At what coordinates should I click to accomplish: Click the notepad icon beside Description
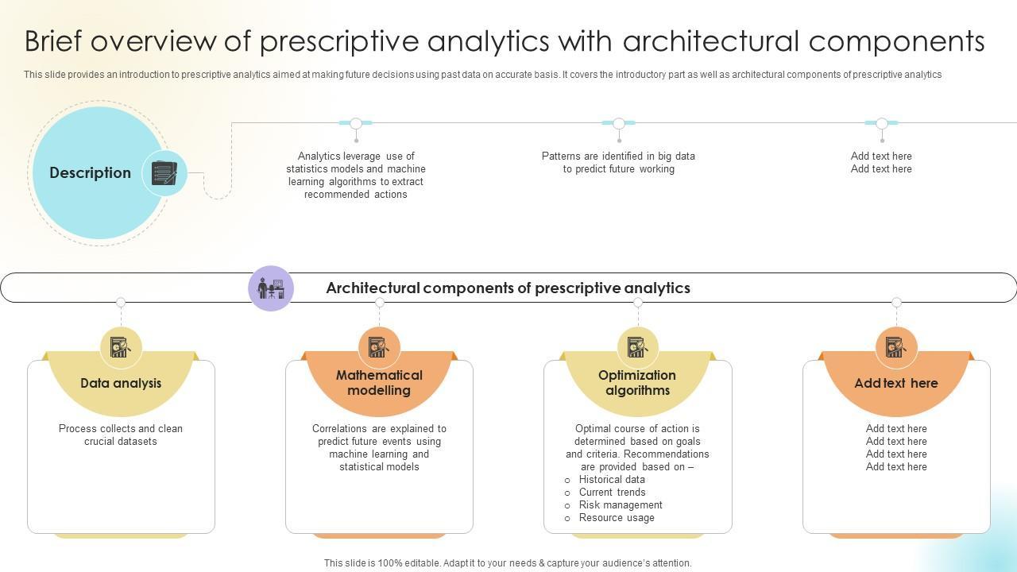click(x=164, y=173)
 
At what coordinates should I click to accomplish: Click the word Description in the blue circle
click(x=90, y=173)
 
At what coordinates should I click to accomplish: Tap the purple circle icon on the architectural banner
click(x=271, y=288)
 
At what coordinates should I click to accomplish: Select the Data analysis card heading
click(x=121, y=383)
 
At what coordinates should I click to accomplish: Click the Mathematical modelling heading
click(x=379, y=383)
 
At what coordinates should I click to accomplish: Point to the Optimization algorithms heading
click(x=637, y=383)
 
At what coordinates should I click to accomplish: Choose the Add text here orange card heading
click(x=896, y=383)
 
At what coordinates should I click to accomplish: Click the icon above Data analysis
click(x=121, y=347)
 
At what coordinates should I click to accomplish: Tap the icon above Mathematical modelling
click(x=379, y=347)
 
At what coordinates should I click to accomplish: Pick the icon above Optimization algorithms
click(x=637, y=347)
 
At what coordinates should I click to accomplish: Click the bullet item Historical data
click(x=612, y=480)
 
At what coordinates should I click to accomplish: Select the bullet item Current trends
click(x=612, y=493)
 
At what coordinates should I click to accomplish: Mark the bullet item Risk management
click(x=621, y=505)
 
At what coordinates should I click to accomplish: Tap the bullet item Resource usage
click(x=617, y=518)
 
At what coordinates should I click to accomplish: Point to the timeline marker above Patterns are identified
click(x=618, y=123)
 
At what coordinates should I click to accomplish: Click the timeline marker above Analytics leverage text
click(x=356, y=123)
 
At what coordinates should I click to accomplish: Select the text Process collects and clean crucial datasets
click(x=121, y=435)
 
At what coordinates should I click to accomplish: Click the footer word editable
click(x=422, y=563)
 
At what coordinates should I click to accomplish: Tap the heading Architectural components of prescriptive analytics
click(x=508, y=288)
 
